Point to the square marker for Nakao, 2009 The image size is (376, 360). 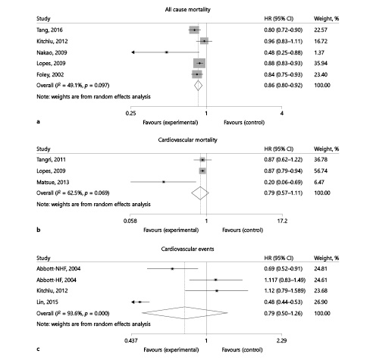tap(166, 52)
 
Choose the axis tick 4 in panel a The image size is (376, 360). tap(281, 113)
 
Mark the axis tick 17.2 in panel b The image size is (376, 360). tap(281, 221)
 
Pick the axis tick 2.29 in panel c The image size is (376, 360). tap(281, 342)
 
